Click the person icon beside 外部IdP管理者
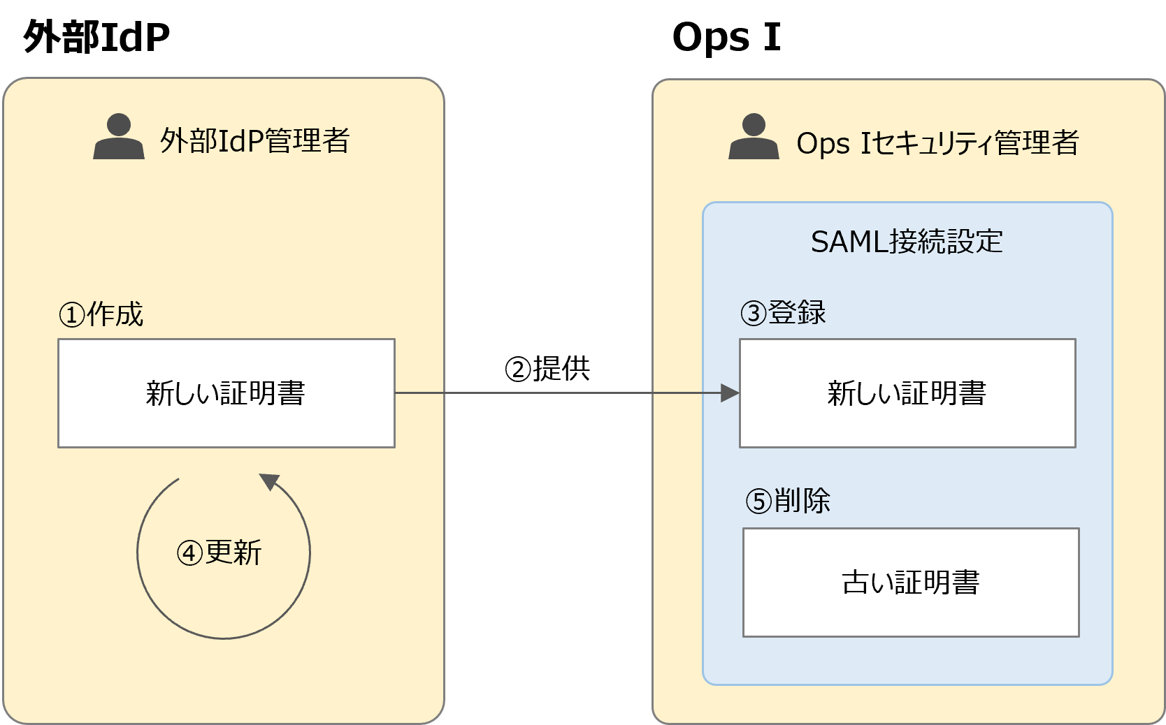pos(119,137)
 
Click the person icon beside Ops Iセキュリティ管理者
pos(754,137)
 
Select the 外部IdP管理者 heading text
pos(254,141)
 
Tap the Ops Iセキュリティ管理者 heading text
pos(937,143)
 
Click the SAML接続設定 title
pos(907,242)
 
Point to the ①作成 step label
pos(101,314)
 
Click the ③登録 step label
pos(783,312)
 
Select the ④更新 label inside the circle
pos(219,553)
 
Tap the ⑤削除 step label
pos(788,501)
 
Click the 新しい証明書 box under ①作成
pos(226,393)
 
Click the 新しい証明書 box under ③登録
pos(907,393)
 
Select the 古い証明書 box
pos(910,583)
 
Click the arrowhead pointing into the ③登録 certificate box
pos(730,393)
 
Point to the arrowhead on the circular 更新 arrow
pos(268,481)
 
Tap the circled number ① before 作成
pos(71,315)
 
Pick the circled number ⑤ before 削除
pos(758,501)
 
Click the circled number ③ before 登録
pos(754,313)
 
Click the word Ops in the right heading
pos(823,144)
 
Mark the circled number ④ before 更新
pos(189,554)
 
